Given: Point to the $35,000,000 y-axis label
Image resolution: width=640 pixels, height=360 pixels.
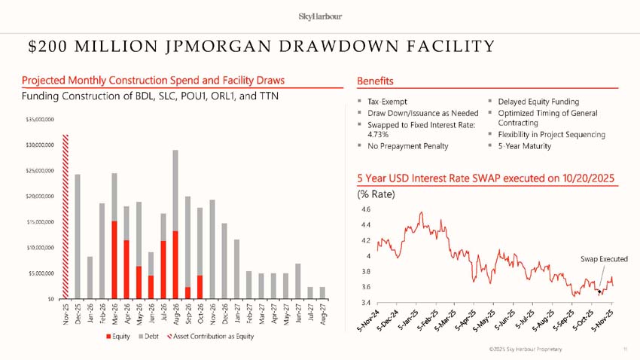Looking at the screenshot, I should (x=39, y=119).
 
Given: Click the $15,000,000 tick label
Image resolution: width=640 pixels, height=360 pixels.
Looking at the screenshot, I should (x=39, y=221).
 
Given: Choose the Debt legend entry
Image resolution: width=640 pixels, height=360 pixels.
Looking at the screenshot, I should (x=148, y=335).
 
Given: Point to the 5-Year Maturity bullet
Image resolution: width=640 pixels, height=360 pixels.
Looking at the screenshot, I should (x=525, y=145).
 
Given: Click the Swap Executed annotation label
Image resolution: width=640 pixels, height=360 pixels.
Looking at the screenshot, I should (x=604, y=259).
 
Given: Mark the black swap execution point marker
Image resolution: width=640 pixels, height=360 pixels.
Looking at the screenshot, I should (x=599, y=291).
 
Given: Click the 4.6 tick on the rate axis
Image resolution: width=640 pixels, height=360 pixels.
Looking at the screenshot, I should (x=366, y=209).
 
